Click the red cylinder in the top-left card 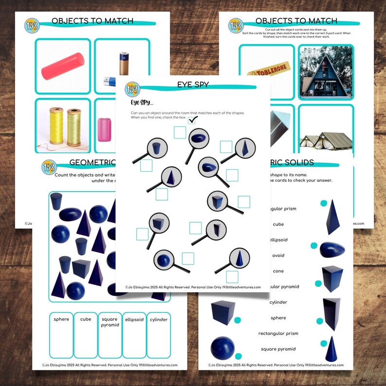click(63, 66)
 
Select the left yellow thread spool click(56, 126)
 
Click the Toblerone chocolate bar click(265, 72)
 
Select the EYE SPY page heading click(193, 85)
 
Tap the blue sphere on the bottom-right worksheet click(222, 348)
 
